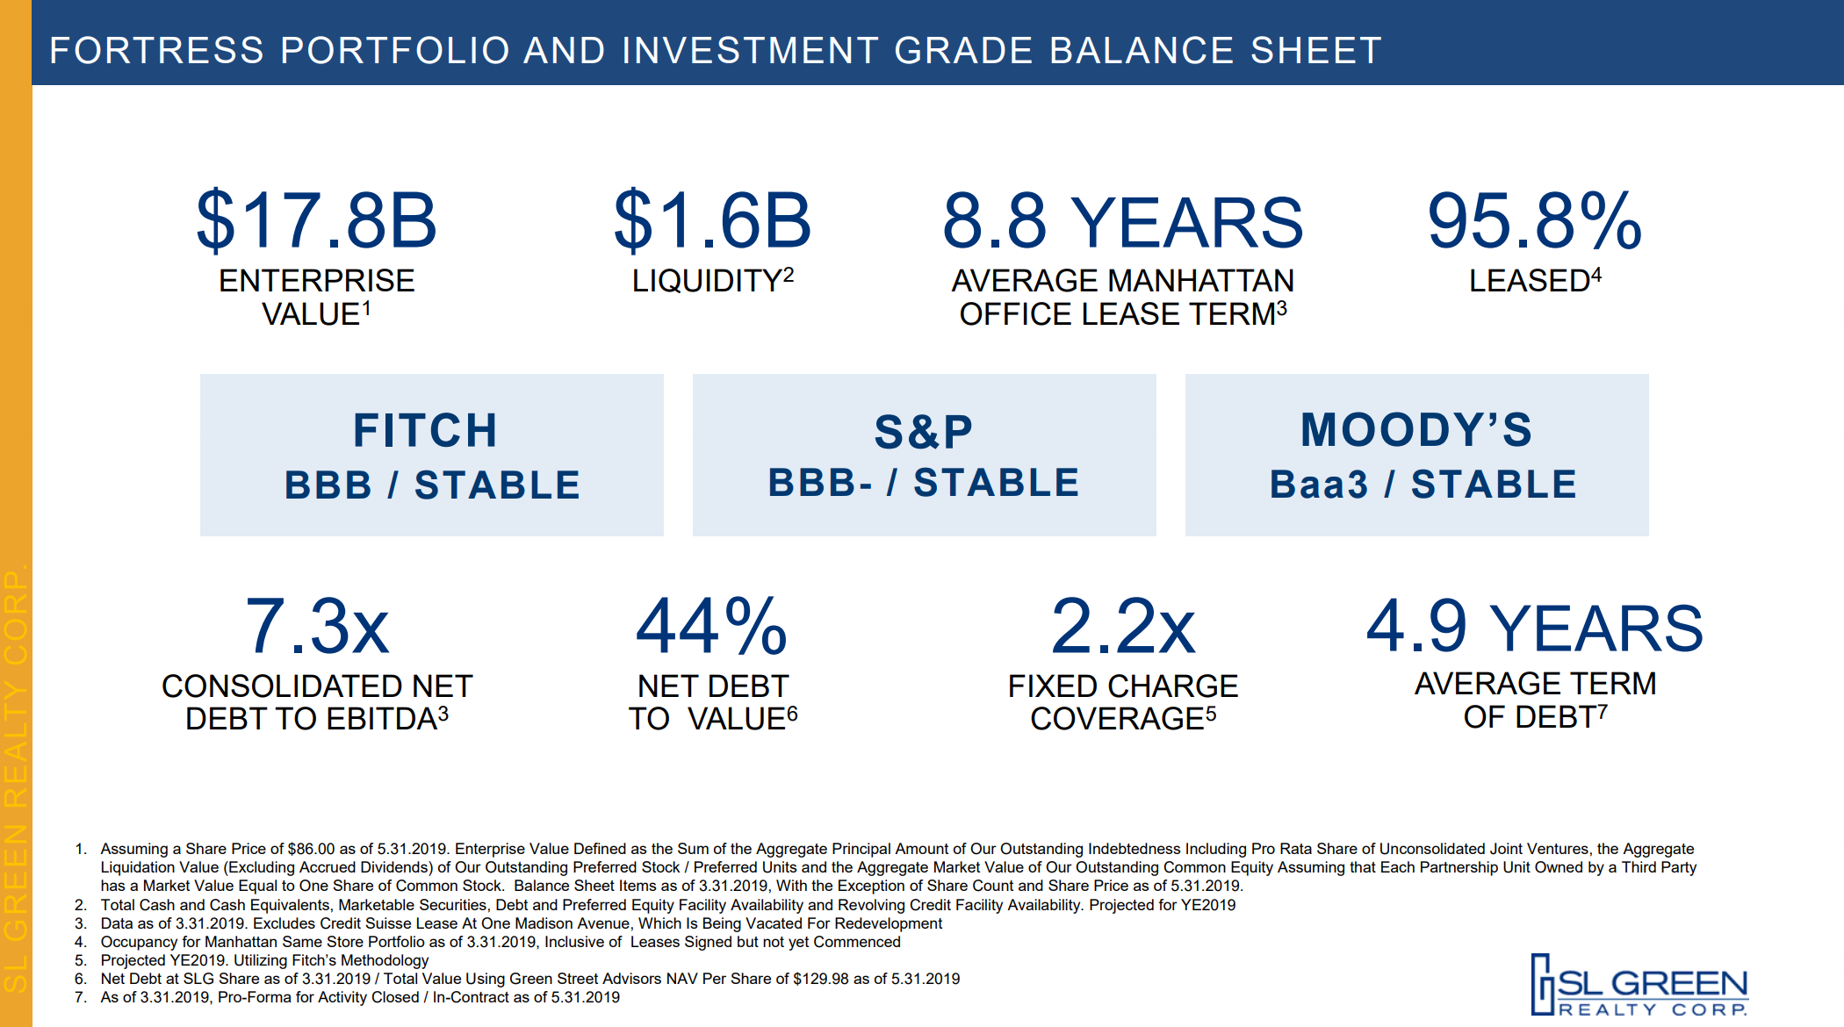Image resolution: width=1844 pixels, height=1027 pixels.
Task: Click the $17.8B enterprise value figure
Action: [x=316, y=220]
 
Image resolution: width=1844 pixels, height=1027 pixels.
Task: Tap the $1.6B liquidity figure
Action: [x=712, y=220]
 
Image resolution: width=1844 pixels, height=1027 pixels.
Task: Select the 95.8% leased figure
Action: [x=1534, y=220]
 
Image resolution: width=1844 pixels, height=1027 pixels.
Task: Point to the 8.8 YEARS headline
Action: [x=1122, y=222]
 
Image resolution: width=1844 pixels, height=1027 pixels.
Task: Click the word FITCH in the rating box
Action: [x=426, y=430]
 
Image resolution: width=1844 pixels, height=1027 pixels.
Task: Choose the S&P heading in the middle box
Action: [x=924, y=431]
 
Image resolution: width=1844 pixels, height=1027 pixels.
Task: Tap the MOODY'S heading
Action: [x=1416, y=430]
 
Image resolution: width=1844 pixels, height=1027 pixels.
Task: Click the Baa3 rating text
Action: [x=1318, y=485]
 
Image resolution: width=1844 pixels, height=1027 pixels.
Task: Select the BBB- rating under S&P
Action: [x=820, y=483]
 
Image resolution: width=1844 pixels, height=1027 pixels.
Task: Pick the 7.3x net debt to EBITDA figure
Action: [x=317, y=627]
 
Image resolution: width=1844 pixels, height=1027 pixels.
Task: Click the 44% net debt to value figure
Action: [x=712, y=627]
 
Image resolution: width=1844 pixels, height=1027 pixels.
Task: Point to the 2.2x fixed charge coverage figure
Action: [x=1123, y=627]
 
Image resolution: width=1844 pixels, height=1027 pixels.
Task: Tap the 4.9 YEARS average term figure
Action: [x=1534, y=627]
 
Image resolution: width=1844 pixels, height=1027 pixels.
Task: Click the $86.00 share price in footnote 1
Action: [x=311, y=849]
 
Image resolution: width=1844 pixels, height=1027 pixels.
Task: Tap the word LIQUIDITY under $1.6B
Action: [x=706, y=281]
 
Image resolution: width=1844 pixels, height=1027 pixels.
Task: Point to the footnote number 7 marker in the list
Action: [x=81, y=997]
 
